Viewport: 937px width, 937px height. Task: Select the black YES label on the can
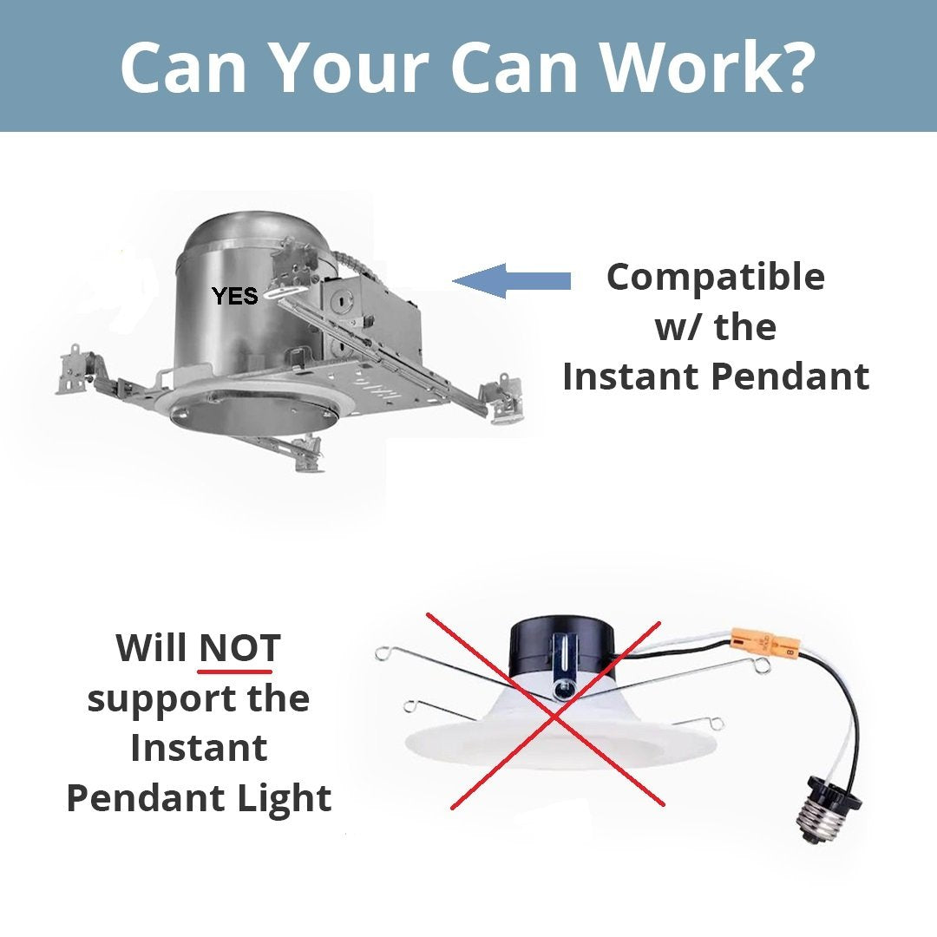[x=235, y=297]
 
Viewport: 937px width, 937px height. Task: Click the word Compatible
[x=716, y=278]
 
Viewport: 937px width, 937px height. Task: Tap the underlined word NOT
[x=240, y=648]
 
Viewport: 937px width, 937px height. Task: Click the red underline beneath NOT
[x=235, y=671]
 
